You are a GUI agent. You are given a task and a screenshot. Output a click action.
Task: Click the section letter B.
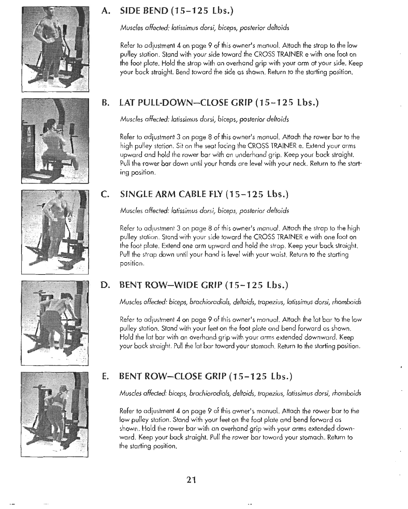[105, 102]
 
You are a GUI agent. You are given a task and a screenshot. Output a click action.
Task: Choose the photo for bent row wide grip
[55, 322]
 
